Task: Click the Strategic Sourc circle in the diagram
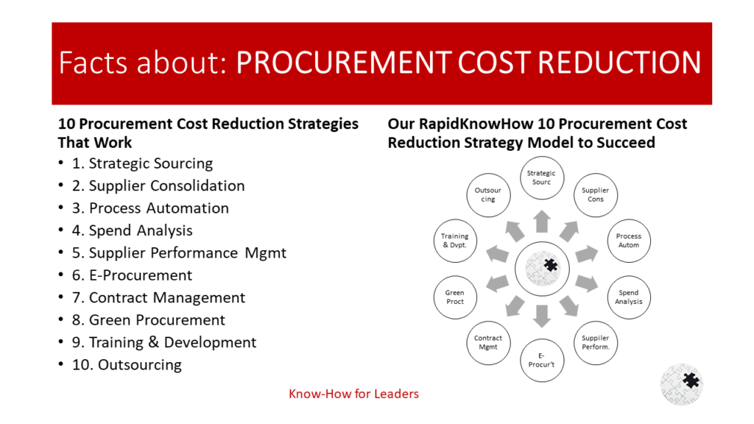(541, 177)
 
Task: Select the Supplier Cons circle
(596, 194)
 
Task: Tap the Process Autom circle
(629, 240)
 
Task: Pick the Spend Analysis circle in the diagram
(629, 297)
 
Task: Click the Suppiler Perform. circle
(596, 342)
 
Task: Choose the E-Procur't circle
(541, 360)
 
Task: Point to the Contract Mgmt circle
(487, 342)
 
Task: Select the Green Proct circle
(454, 297)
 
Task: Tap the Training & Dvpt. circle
(454, 240)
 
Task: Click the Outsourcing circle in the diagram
(487, 194)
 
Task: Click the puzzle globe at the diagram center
(541, 269)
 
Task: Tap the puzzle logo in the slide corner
(681, 384)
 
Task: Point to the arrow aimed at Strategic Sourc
(541, 221)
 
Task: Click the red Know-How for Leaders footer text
(353, 394)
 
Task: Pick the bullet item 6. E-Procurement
(140, 275)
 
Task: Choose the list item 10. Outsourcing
(127, 364)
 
